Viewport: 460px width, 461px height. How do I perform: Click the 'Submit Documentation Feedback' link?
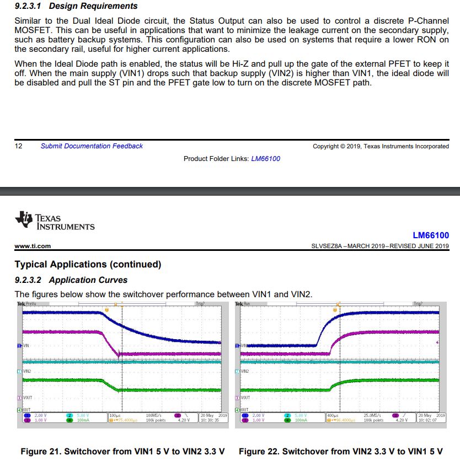coord(92,146)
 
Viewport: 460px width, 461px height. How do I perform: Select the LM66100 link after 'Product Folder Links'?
coord(265,159)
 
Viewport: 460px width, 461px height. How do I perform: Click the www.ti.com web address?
coord(33,246)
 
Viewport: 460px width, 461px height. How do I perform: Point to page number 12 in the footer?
coord(18,146)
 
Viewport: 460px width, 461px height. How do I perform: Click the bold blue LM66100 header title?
coord(431,235)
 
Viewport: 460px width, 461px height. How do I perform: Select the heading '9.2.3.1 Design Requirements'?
coord(76,6)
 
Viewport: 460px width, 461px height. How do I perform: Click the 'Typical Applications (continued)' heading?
coord(88,264)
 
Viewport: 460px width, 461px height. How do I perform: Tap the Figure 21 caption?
coord(122,452)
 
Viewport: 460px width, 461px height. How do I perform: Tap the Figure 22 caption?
coord(340,452)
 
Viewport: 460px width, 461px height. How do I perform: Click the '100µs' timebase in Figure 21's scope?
coord(115,415)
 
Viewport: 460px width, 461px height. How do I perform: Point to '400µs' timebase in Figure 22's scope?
coord(333,415)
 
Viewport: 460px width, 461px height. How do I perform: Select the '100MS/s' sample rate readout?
coord(154,415)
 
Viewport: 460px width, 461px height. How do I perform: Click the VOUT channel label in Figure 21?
coord(26,397)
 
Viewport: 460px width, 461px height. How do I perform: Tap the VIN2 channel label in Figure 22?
coord(244,371)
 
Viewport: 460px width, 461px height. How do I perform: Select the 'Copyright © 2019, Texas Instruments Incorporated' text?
coord(381,146)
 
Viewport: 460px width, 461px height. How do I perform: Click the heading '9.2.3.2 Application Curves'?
coord(71,280)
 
